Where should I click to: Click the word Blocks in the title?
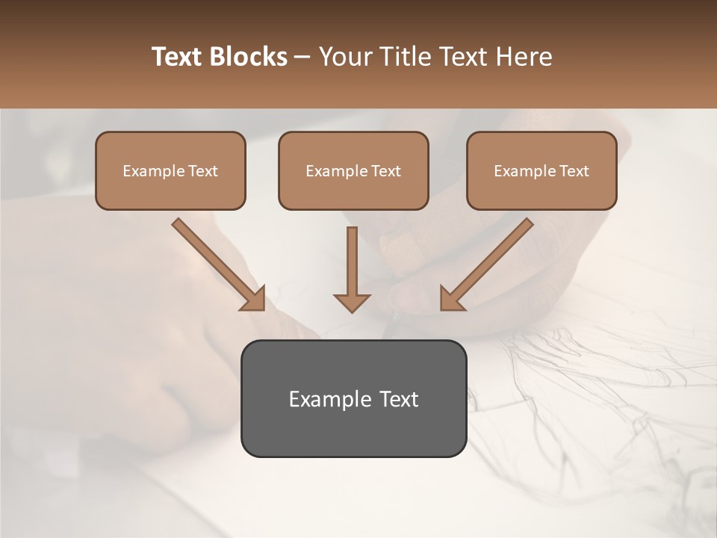click(249, 57)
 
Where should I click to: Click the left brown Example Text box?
click(170, 170)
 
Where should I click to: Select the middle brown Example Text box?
click(353, 170)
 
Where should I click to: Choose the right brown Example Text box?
click(541, 170)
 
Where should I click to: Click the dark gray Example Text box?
click(353, 398)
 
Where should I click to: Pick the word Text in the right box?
click(574, 171)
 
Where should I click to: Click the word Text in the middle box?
click(385, 171)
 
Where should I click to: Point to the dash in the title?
click(302, 58)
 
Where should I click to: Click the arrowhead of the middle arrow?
click(352, 302)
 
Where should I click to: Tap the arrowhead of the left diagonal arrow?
click(254, 299)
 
